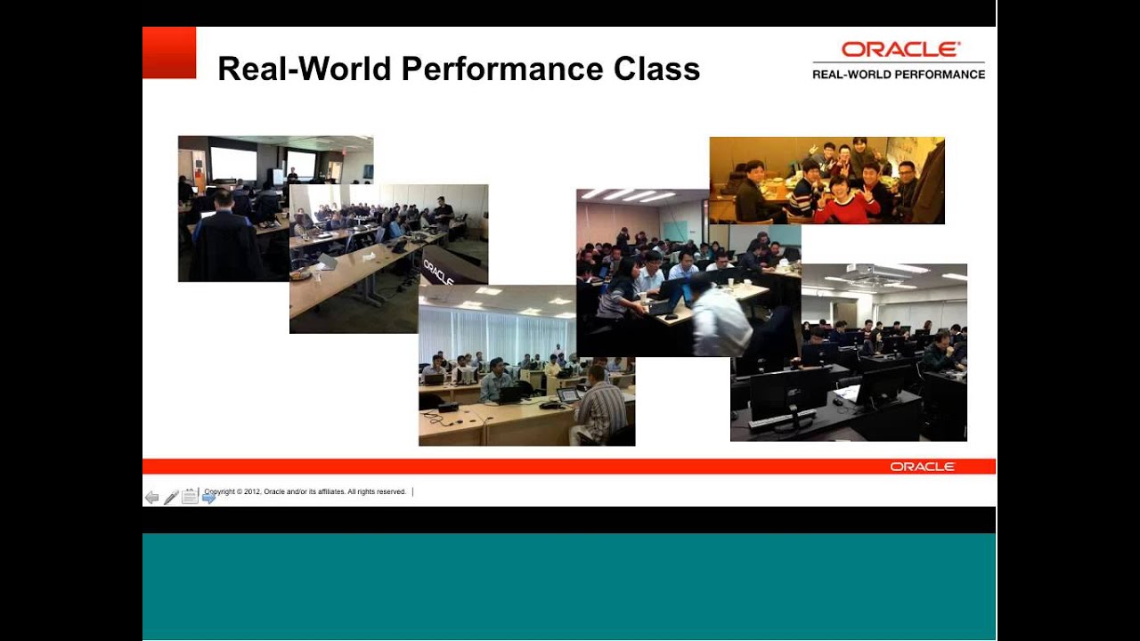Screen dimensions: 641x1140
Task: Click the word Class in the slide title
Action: click(x=656, y=69)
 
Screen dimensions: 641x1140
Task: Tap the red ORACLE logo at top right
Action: click(x=900, y=49)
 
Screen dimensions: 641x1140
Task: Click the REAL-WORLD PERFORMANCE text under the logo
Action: click(x=898, y=75)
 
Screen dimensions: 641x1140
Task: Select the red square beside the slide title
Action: click(x=169, y=53)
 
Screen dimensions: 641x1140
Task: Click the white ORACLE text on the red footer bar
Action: click(x=922, y=467)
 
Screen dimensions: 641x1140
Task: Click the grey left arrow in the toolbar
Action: click(x=151, y=498)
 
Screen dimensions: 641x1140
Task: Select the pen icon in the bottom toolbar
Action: click(x=171, y=498)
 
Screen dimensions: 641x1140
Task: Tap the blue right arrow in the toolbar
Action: click(x=209, y=498)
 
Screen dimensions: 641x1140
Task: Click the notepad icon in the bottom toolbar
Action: click(x=190, y=497)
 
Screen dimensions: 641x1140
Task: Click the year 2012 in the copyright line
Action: click(x=253, y=491)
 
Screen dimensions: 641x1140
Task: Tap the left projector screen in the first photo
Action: click(x=233, y=163)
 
